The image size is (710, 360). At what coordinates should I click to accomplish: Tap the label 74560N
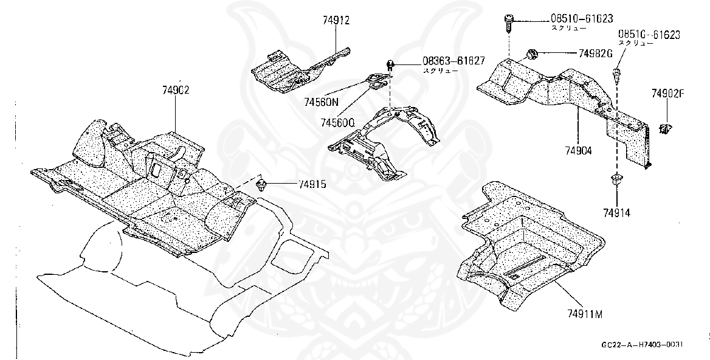click(321, 103)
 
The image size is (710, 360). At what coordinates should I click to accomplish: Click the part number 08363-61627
click(453, 60)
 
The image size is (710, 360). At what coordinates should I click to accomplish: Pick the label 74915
click(312, 184)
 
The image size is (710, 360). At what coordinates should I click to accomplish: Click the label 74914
click(616, 213)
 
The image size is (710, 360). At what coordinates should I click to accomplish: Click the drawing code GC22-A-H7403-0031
click(642, 345)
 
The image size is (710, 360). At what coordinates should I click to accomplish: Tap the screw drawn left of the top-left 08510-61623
click(508, 22)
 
